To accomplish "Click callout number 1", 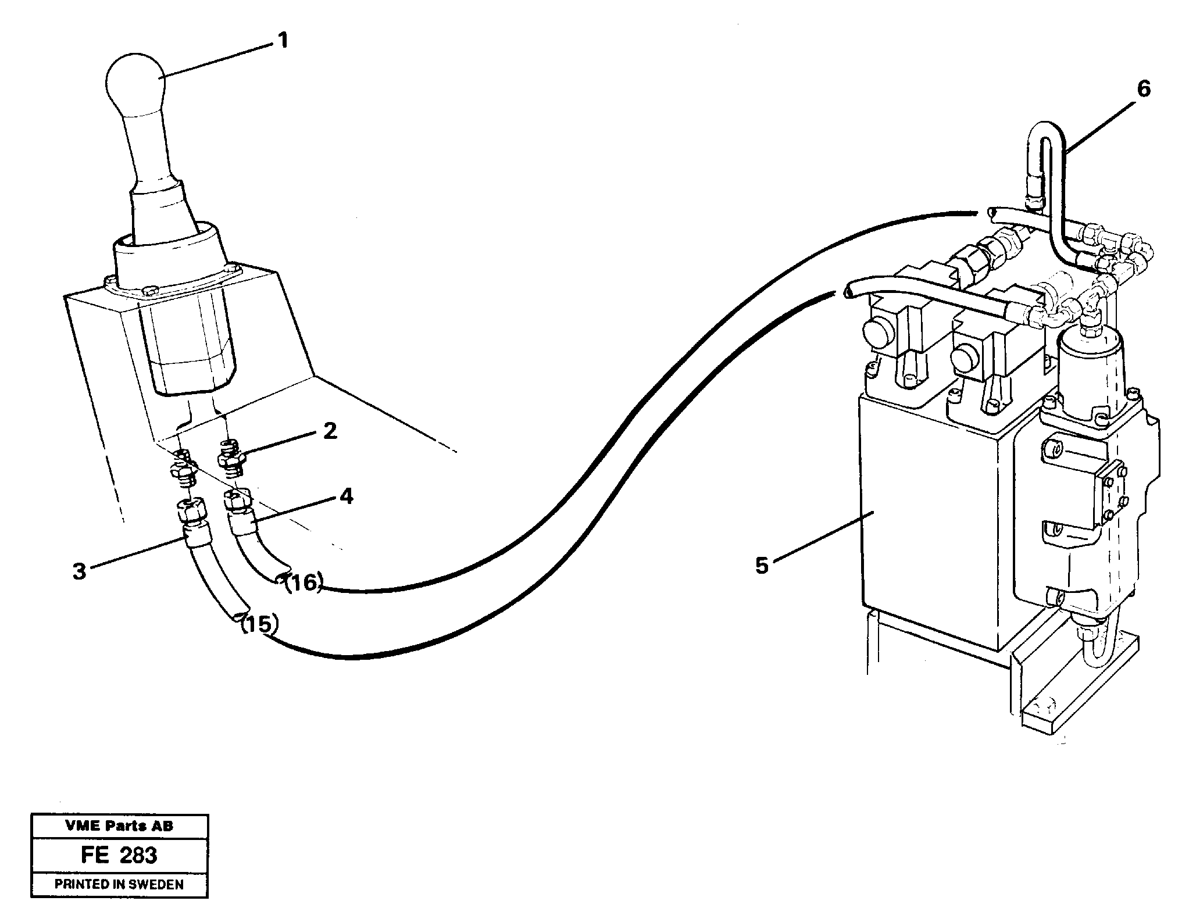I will click(282, 41).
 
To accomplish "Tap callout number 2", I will click(330, 431).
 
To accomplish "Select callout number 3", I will click(80, 571).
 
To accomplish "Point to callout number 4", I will click(346, 496).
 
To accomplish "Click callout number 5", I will click(762, 565).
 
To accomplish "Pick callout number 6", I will click(1142, 89).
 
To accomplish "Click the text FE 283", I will click(119, 855).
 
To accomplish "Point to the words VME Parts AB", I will click(119, 826).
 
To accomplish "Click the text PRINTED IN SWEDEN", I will click(119, 884).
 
